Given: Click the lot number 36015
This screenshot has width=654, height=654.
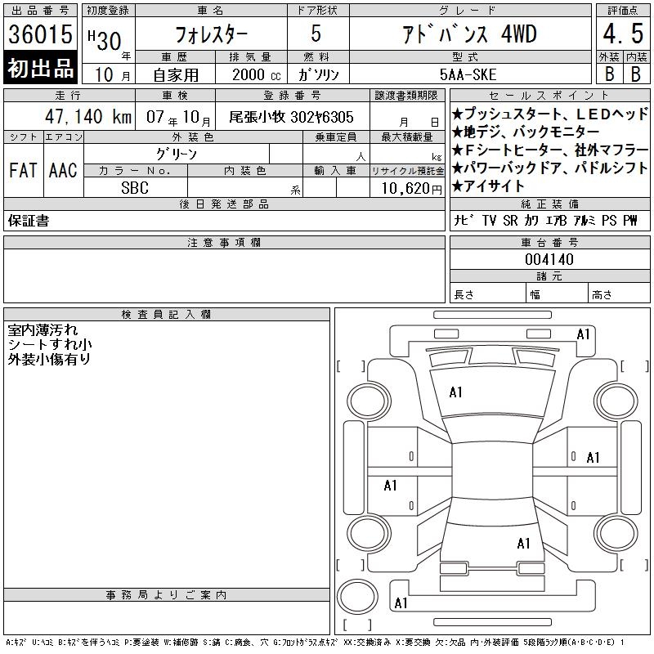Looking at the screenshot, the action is pyautogui.click(x=40, y=34).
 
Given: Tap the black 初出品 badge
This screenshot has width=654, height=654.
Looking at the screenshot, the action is pyautogui.click(x=40, y=68).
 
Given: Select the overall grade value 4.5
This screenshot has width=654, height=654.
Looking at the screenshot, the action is pyautogui.click(x=623, y=34).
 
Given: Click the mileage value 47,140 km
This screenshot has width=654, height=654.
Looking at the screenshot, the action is pyautogui.click(x=88, y=116).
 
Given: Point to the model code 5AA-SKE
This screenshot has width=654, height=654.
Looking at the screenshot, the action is pyautogui.click(x=468, y=74).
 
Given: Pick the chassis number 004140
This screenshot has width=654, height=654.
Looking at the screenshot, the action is pyautogui.click(x=549, y=259).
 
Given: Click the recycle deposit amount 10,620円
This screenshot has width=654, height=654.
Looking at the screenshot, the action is pyautogui.click(x=411, y=189).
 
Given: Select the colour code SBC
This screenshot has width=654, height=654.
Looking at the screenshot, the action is pyautogui.click(x=135, y=188).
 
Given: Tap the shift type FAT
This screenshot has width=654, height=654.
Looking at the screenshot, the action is pyautogui.click(x=23, y=170).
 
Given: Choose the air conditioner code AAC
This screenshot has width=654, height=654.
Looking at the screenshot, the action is pyautogui.click(x=63, y=170).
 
